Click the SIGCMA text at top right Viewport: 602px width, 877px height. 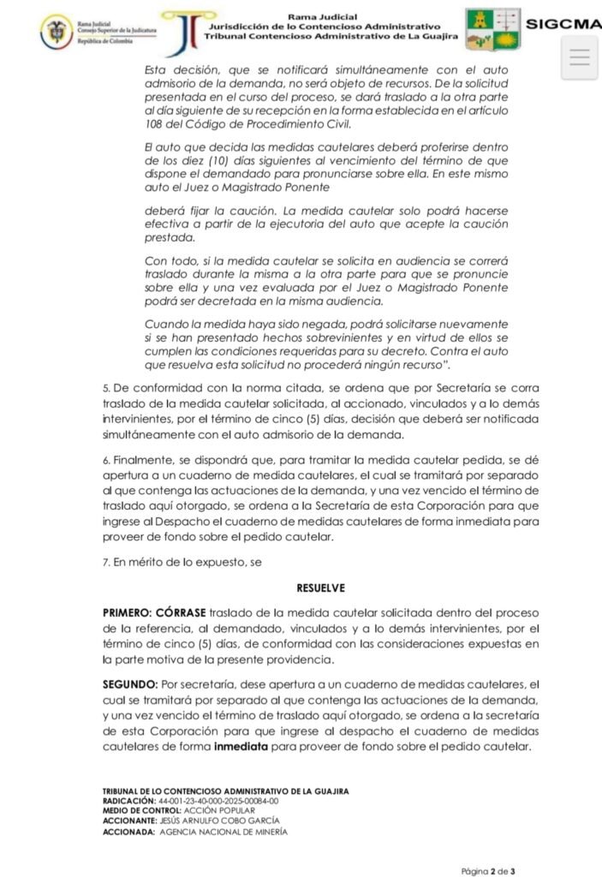click(563, 24)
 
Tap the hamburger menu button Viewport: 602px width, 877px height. click(579, 57)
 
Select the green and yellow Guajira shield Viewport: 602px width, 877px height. click(493, 29)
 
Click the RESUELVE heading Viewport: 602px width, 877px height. click(321, 589)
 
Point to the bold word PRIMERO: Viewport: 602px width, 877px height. click(128, 613)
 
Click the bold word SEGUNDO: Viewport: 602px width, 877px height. click(129, 684)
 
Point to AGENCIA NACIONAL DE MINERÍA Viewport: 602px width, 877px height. click(224, 831)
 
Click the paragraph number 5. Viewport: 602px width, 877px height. click(104, 389)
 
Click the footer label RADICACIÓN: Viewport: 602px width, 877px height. click(129, 800)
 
